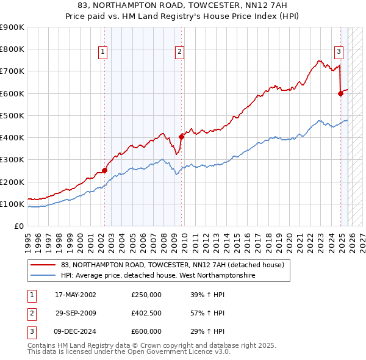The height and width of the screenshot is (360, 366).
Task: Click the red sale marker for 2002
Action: coord(104,171)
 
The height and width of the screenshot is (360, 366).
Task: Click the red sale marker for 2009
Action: coord(181,137)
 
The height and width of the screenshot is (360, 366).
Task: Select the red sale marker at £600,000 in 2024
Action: coord(340,93)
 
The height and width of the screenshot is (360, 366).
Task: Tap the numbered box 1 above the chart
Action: coord(103,52)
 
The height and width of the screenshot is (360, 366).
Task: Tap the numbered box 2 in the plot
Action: coord(180,52)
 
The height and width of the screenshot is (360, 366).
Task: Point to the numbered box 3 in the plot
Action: coord(339,52)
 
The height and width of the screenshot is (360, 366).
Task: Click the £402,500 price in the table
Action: coord(146,313)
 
